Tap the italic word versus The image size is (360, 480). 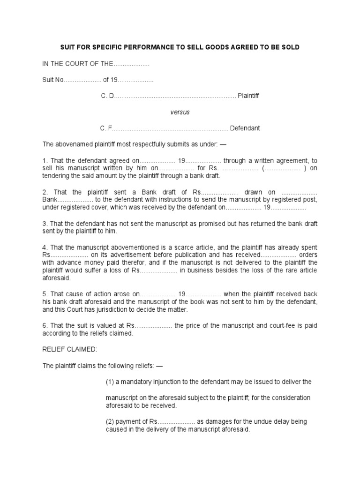180,112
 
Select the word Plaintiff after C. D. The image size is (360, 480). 248,96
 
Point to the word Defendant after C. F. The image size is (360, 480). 245,128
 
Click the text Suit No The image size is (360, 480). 52,80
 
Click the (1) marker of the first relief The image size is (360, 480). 110,382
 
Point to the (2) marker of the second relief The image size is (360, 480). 110,421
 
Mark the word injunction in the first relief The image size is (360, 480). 165,382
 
